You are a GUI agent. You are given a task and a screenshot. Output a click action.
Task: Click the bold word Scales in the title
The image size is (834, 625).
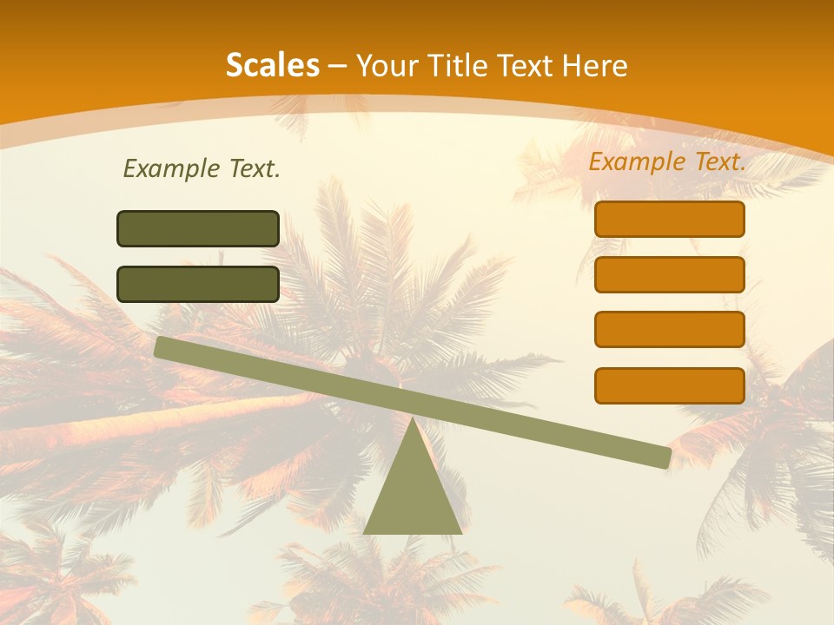[x=272, y=65]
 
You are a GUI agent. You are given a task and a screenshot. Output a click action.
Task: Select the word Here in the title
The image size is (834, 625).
[x=595, y=65]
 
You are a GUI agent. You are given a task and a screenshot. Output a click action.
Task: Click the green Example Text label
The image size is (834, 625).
[x=202, y=169]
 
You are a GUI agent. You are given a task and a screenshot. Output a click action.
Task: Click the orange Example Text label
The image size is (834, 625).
[x=667, y=161]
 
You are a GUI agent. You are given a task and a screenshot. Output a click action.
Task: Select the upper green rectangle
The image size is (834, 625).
[x=198, y=228]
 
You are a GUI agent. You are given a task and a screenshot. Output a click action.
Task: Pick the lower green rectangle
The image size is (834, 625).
[x=198, y=284]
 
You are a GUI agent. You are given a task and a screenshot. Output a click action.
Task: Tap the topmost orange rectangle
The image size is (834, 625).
[x=670, y=219]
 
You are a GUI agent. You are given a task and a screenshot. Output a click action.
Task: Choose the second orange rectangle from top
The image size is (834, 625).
[x=670, y=274]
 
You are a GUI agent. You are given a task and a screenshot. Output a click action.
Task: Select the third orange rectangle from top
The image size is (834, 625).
[x=670, y=330]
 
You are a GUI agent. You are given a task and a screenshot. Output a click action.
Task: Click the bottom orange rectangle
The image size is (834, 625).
[x=670, y=385]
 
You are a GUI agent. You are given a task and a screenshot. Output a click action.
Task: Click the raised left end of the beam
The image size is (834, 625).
[x=162, y=346]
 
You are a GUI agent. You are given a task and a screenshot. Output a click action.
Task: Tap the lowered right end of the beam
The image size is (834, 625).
[x=664, y=457]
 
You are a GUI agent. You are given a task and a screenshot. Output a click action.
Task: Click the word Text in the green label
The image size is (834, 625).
[x=253, y=169]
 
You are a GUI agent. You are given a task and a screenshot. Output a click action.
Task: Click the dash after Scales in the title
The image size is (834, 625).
[x=338, y=66]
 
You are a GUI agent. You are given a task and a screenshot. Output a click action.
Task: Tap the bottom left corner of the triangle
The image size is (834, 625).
[x=366, y=532]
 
